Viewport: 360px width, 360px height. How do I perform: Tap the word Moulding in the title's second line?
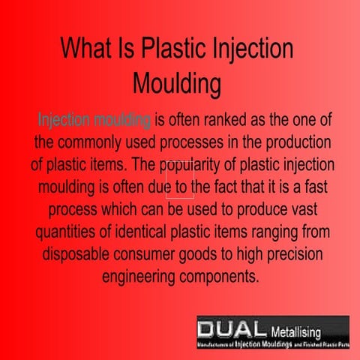pos(176,82)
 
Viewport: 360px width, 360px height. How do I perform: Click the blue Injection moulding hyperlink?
pos(94,120)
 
